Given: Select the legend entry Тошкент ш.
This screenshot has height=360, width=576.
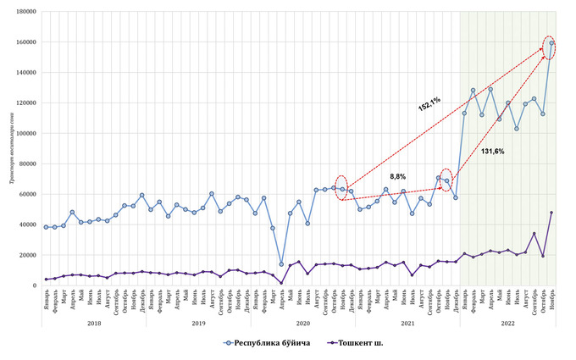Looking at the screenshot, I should tap(360, 343).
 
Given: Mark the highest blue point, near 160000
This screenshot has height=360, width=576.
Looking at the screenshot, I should tap(551, 43).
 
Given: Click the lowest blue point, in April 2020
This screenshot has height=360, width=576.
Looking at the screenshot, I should tap(281, 263).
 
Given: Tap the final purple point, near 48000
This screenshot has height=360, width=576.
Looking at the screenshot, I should tap(551, 213).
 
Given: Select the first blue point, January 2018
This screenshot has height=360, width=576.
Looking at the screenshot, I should tap(46, 227).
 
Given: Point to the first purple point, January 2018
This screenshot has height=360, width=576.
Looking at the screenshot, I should tap(46, 280).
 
